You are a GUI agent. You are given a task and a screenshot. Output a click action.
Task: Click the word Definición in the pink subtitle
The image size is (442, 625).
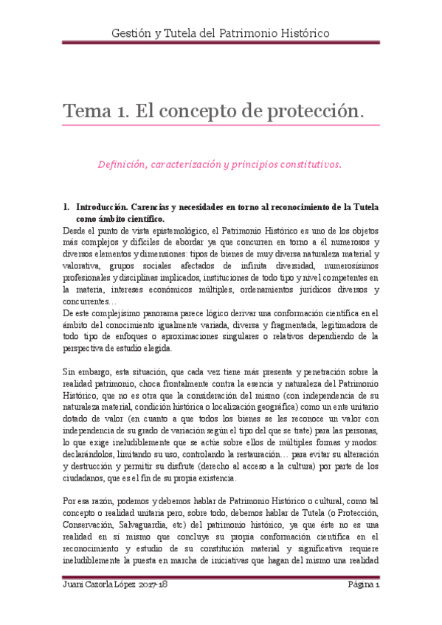click(123, 164)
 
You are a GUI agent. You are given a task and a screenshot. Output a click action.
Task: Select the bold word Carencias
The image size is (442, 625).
click(165, 208)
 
